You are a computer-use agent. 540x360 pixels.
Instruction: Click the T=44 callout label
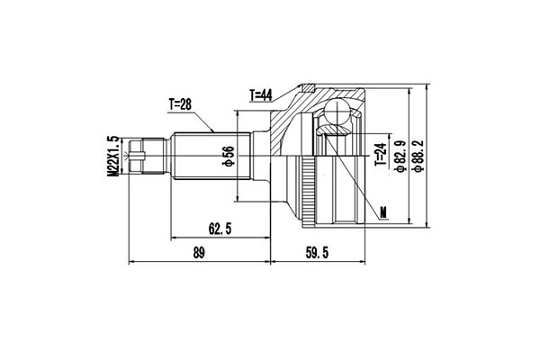[x=261, y=95]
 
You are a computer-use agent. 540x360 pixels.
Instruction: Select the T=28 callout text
[x=180, y=104]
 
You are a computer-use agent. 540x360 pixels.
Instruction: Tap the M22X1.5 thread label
[x=113, y=156]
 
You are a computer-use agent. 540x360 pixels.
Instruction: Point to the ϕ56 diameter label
[x=229, y=156]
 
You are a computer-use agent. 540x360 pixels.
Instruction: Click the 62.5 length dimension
[x=220, y=229]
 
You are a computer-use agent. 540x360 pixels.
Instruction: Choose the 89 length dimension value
[x=199, y=253]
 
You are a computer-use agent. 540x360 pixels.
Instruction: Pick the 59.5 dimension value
[x=317, y=253]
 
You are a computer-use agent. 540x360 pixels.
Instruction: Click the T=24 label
[x=381, y=154]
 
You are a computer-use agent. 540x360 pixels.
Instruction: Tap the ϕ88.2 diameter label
[x=419, y=156]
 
